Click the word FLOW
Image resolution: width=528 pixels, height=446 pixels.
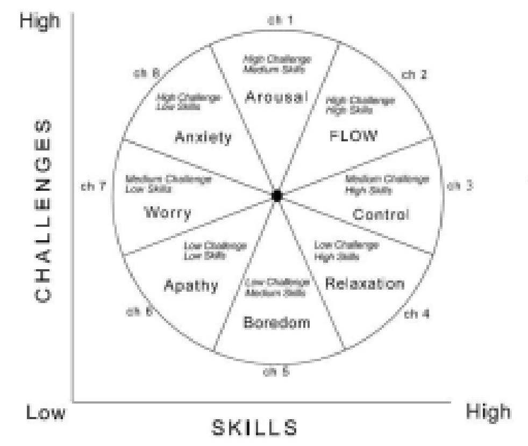[x=353, y=135]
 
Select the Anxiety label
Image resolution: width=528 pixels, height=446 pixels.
[x=203, y=138]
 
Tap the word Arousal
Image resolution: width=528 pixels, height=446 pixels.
[x=276, y=97]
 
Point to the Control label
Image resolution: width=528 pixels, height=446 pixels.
[x=381, y=214]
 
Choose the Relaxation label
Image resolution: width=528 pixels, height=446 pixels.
[x=365, y=284]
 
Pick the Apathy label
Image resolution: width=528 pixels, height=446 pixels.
[x=191, y=285]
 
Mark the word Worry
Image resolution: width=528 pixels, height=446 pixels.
[x=167, y=213]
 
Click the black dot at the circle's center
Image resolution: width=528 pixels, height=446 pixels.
[x=277, y=196]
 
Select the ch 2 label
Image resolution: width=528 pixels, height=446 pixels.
[x=415, y=75]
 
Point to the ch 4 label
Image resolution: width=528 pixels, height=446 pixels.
[x=416, y=314]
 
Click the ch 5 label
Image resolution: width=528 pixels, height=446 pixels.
[x=276, y=371]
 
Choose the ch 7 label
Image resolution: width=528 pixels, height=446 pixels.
[x=94, y=186]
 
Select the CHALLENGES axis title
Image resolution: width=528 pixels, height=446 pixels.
[x=44, y=211]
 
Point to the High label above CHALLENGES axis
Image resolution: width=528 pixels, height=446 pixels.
[x=39, y=22]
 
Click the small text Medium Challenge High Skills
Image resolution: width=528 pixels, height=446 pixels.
[x=387, y=184]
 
